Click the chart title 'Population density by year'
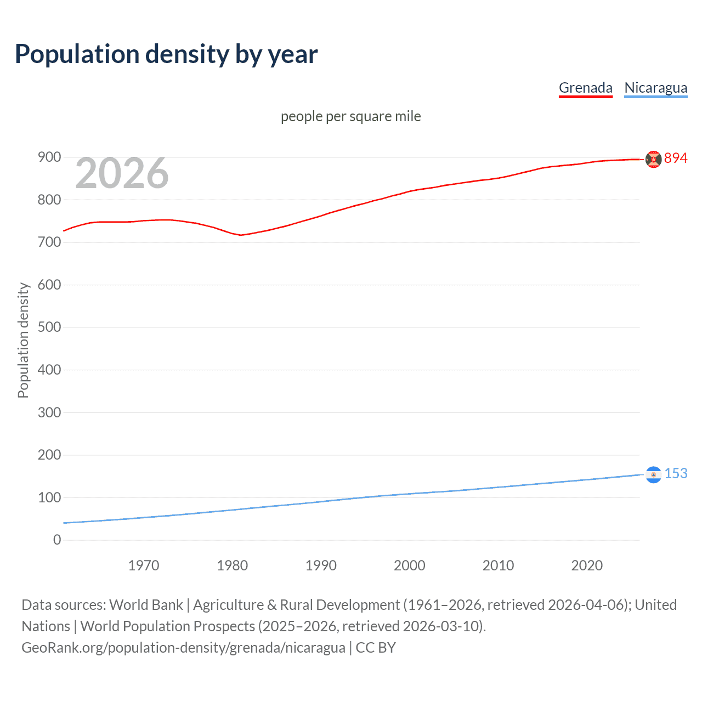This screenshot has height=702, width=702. coord(166,54)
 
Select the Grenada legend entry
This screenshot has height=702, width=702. coord(585,88)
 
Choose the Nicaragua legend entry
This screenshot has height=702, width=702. coord(655,88)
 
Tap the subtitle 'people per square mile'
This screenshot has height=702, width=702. coord(350,116)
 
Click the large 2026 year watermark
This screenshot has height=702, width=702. coord(122,173)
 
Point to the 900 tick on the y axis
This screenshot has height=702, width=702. coord(49,157)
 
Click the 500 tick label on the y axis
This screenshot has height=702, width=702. coord(49,327)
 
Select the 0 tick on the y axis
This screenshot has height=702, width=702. coord(57,540)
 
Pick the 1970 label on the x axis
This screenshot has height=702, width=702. coord(144,565)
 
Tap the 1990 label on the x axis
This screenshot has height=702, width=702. coord(321,565)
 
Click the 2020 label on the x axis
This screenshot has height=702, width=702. coord(587,565)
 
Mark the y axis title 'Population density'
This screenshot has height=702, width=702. coord(23,340)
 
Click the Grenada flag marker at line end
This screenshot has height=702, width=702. coord(653,159)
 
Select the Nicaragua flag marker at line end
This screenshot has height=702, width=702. coord(653,474)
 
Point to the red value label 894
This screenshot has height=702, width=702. coord(676,158)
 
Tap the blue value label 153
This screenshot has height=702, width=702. coord(676,474)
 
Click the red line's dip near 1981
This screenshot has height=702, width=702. coord(241,235)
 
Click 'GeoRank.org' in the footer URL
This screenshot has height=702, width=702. coord(59,648)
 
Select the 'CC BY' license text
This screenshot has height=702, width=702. coord(376,648)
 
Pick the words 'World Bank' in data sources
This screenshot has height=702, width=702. coord(146,605)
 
